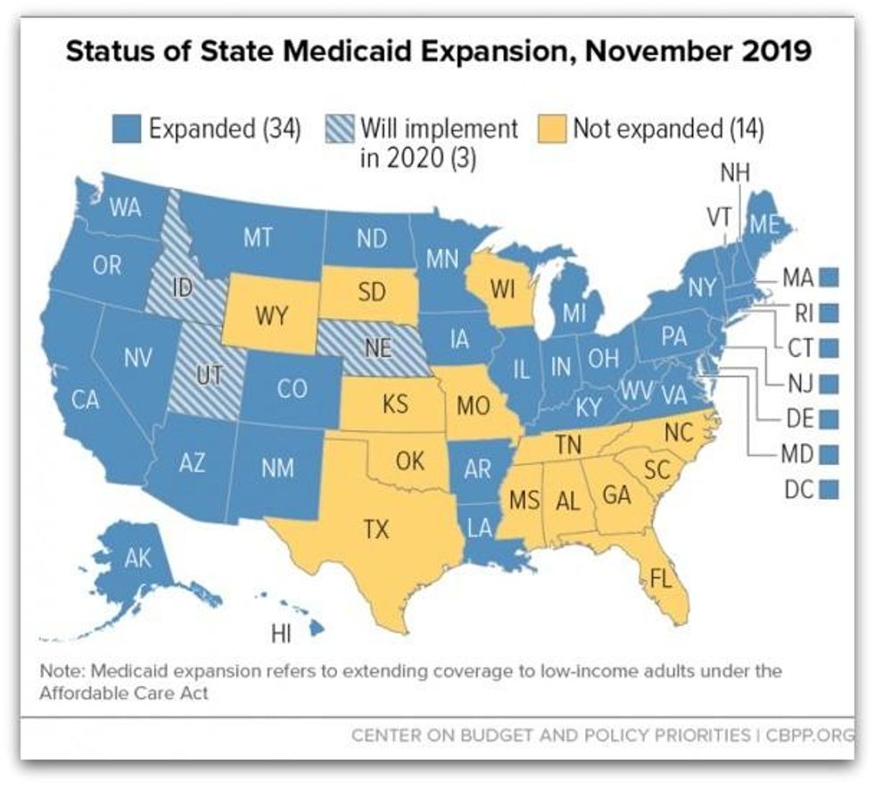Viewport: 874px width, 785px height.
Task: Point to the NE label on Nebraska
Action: (378, 348)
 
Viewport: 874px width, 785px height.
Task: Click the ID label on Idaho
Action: (181, 287)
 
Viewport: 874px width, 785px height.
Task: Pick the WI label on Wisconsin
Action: (502, 290)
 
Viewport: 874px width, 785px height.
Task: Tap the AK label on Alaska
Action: (138, 559)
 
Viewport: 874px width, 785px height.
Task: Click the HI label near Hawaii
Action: (281, 634)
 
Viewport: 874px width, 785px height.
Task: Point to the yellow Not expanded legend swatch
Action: (553, 130)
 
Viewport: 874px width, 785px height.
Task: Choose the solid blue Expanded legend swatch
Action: (128, 130)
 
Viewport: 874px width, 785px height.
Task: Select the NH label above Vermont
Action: (735, 173)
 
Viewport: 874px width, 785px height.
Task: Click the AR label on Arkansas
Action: (478, 468)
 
